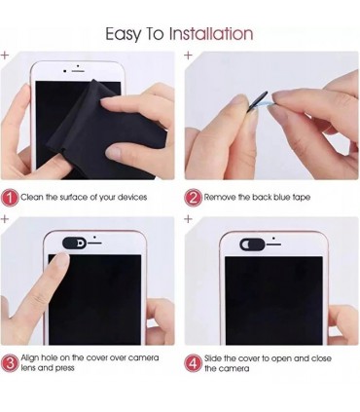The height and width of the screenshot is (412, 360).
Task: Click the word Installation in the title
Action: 211,33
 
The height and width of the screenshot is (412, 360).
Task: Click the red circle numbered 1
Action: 10,198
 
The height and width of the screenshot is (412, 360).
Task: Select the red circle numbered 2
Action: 194,198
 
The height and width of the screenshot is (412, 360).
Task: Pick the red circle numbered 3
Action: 10,363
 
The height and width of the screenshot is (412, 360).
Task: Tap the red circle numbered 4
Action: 194,363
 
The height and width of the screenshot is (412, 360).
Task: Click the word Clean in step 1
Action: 32,197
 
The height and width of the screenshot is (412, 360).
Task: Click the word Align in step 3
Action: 30,357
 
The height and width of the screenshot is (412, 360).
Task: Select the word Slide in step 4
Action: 213,358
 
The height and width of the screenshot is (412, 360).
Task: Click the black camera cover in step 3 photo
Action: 74,243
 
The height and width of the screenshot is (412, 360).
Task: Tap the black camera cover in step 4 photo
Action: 252,244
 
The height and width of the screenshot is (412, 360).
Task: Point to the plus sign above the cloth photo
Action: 5,56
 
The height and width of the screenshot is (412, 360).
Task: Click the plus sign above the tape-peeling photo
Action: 188,56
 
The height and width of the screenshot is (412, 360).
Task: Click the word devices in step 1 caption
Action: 132,197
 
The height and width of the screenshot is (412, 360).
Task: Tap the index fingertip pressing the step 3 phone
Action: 61,260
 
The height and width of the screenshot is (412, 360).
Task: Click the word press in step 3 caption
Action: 64,368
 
